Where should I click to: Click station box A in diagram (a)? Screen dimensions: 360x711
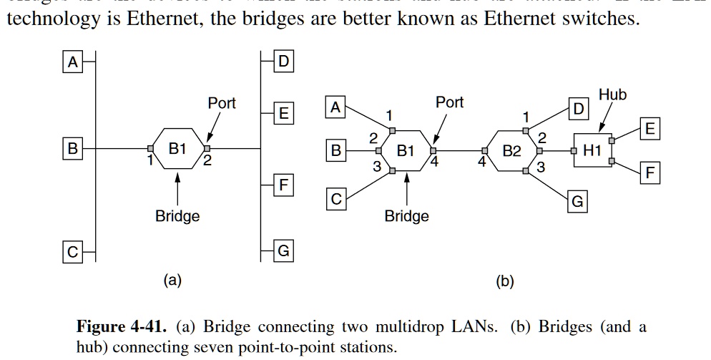coord(71,63)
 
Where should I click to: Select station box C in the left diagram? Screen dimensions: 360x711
coord(71,252)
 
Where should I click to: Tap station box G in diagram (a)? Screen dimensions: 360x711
coord(284,251)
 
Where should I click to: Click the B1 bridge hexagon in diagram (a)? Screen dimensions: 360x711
coord(177,149)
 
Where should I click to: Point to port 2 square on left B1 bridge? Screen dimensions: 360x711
coord(207,149)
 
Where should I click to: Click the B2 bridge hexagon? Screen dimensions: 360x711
coord(512,151)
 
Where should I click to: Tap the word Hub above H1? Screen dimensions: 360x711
coord(612,95)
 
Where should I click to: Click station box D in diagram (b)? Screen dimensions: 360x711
coord(578,109)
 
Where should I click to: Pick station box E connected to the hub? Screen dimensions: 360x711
coord(649,129)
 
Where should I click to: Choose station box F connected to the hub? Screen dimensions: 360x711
coord(649,172)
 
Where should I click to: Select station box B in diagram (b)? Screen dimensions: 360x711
coord(336,151)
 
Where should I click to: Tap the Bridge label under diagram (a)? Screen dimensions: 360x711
coord(177,215)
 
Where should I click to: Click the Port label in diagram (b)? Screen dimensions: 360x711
coord(450,102)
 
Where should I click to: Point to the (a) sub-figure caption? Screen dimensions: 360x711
coord(172,281)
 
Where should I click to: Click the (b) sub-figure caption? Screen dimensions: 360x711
coord(505,281)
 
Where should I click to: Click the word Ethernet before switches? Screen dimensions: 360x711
coord(529,19)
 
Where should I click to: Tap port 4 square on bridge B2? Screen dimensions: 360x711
coord(485,151)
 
